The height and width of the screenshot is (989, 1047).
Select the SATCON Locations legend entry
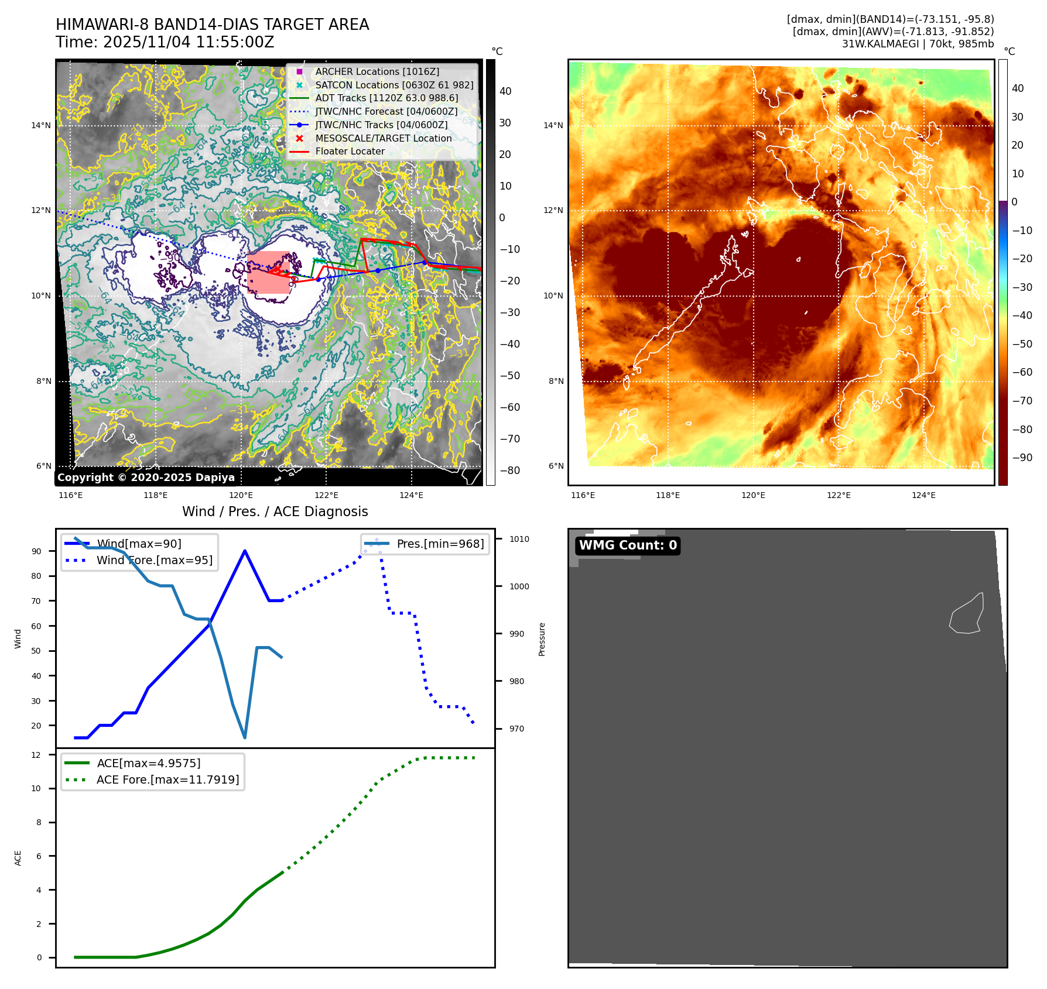click(394, 85)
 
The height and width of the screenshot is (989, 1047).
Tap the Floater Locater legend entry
click(350, 151)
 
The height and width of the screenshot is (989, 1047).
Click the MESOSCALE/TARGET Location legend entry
click(383, 138)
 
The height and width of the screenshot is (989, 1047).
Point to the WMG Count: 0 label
click(628, 545)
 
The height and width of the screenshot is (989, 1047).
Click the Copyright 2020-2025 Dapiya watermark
click(146, 478)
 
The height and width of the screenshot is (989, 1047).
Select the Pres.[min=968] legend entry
click(440, 544)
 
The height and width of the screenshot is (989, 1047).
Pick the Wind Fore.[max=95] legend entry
click(154, 560)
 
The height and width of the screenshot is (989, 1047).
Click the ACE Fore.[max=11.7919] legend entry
click(167, 779)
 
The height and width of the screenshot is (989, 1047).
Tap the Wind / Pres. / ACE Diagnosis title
click(275, 511)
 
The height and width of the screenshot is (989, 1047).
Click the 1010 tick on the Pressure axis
click(519, 539)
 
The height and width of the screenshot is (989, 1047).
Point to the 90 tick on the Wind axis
click(37, 551)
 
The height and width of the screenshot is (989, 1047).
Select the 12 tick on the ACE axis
click(37, 755)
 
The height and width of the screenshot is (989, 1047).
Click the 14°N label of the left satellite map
click(41, 125)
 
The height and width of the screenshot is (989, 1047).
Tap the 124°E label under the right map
click(923, 495)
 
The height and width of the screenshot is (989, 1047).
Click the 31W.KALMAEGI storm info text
click(918, 44)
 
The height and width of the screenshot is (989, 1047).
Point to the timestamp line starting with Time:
click(165, 42)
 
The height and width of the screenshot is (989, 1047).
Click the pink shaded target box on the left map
click(268, 272)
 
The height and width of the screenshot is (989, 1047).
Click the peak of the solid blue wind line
click(244, 551)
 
